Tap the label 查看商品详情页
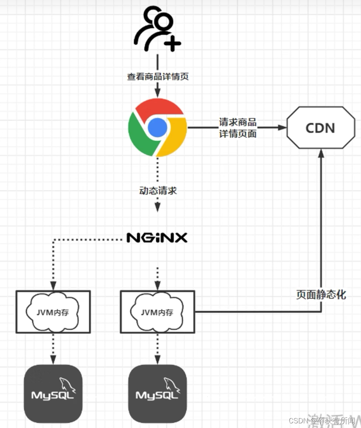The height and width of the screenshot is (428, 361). coord(157,76)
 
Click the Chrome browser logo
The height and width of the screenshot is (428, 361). coord(157,127)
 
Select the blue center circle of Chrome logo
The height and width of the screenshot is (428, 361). coord(157,127)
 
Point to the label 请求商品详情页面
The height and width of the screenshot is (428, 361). coord(237,128)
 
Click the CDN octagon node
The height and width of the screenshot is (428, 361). coord(321,128)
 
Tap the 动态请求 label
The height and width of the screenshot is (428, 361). coord(158,191)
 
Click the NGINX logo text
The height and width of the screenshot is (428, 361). coord(157,238)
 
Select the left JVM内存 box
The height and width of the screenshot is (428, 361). coord(53,312)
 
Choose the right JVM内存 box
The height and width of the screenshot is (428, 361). coord(157,312)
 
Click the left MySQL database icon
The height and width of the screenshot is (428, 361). coord(53,393)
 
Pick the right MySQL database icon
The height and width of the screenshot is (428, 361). coord(157,393)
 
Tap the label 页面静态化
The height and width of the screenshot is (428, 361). coord(321,295)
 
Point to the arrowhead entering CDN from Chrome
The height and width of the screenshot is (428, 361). coord(283,127)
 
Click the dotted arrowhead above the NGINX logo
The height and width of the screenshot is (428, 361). coord(157,208)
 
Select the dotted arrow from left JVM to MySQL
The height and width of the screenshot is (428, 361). coord(53,347)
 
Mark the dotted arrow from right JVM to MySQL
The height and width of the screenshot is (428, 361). coord(157,347)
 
